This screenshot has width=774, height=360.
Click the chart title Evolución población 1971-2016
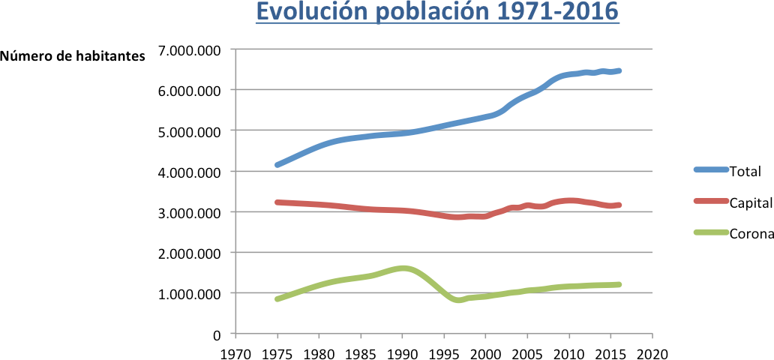click(x=437, y=13)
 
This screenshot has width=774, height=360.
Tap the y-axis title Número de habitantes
click(x=73, y=57)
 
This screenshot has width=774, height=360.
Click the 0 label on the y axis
click(x=218, y=334)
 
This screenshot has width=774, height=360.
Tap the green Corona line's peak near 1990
click(x=403, y=268)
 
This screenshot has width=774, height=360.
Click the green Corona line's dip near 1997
click(x=459, y=300)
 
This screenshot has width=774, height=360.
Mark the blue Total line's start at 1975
click(x=277, y=165)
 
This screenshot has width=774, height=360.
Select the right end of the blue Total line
click(x=619, y=71)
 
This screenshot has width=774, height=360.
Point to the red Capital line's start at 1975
click(x=277, y=202)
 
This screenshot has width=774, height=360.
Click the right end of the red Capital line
click(x=619, y=205)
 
